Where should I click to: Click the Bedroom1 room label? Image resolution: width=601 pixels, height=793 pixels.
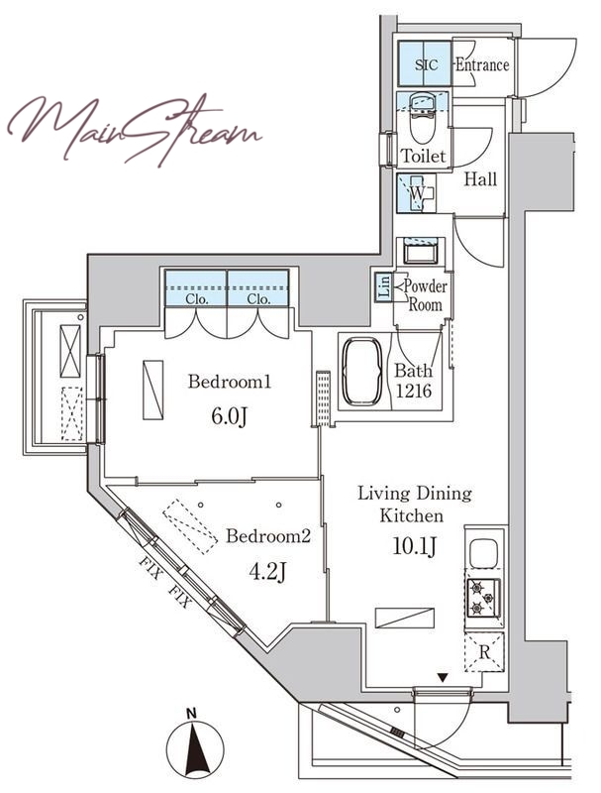[x=230, y=382]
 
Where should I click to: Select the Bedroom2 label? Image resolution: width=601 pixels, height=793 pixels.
[x=267, y=535]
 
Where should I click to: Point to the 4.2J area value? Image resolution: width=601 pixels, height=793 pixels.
[x=267, y=572]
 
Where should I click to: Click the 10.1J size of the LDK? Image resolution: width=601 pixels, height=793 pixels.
[x=415, y=546]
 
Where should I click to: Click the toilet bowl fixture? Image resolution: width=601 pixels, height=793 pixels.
[x=423, y=120]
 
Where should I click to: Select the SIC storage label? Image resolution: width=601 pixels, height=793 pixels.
[x=427, y=64]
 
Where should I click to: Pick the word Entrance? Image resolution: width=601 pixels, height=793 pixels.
[x=482, y=64]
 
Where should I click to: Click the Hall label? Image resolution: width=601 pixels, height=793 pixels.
[x=480, y=179]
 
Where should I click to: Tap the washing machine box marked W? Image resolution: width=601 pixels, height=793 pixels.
[x=417, y=193]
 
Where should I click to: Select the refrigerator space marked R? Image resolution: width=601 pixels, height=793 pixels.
[x=484, y=652]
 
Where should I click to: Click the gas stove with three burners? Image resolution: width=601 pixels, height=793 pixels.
[x=484, y=599]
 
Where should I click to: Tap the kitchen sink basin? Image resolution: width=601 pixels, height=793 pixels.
[x=483, y=553]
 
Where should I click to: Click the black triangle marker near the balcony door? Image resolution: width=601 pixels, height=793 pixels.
[x=443, y=678]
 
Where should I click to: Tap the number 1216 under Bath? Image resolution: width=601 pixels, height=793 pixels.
[x=414, y=391]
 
